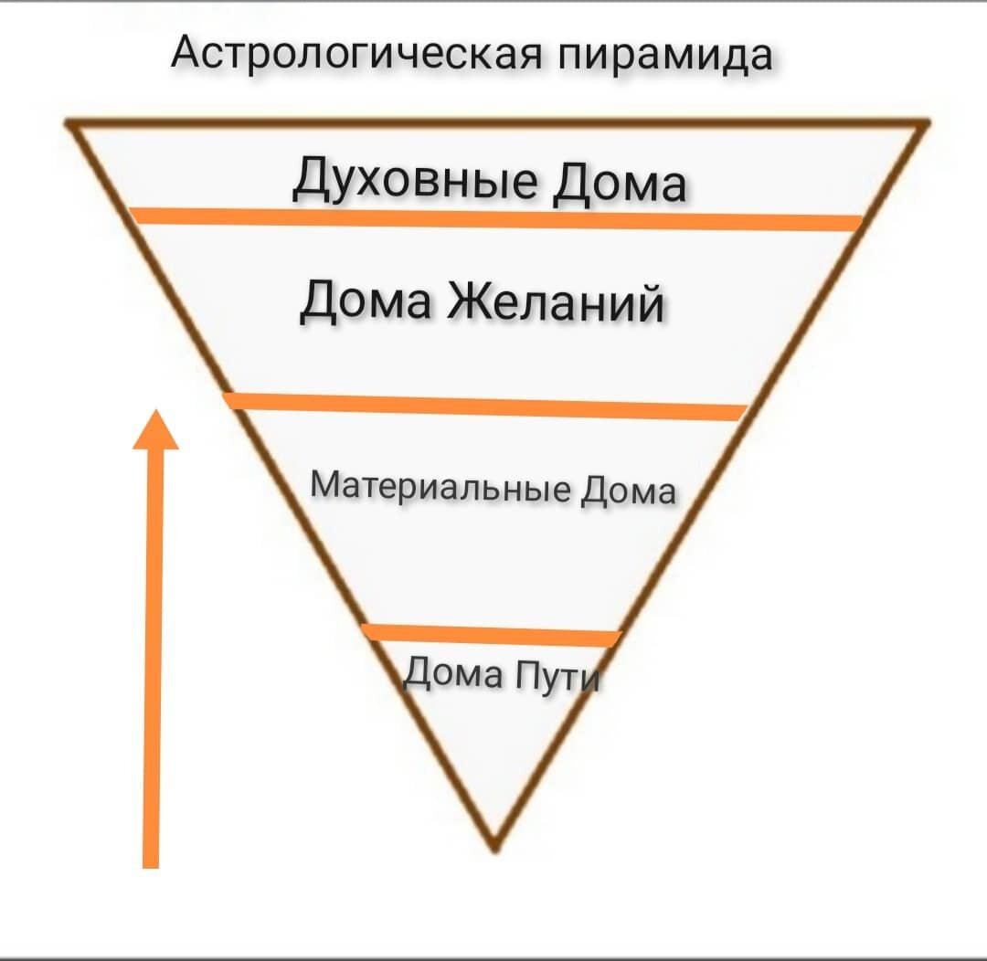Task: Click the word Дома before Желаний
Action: click(x=365, y=300)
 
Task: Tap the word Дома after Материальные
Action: click(x=630, y=491)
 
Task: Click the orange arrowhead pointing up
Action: click(x=155, y=429)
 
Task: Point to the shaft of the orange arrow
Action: click(x=153, y=639)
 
